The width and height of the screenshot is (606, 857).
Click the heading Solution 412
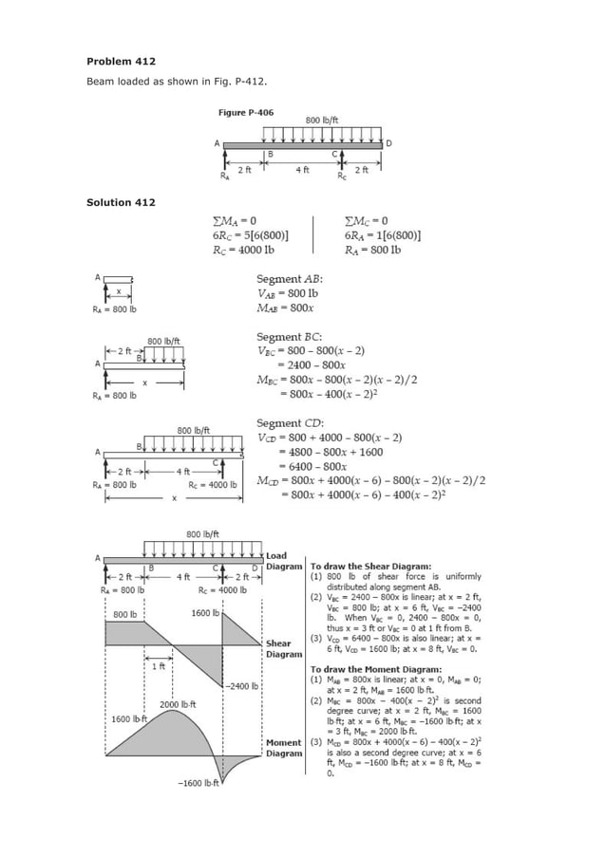121,202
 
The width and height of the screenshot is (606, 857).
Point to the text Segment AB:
290,279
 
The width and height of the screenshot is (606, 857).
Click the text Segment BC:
290,337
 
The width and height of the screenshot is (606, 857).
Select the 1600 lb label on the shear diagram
205,613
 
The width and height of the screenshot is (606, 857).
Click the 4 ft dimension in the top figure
301,169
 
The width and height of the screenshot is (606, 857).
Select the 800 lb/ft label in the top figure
323,121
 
